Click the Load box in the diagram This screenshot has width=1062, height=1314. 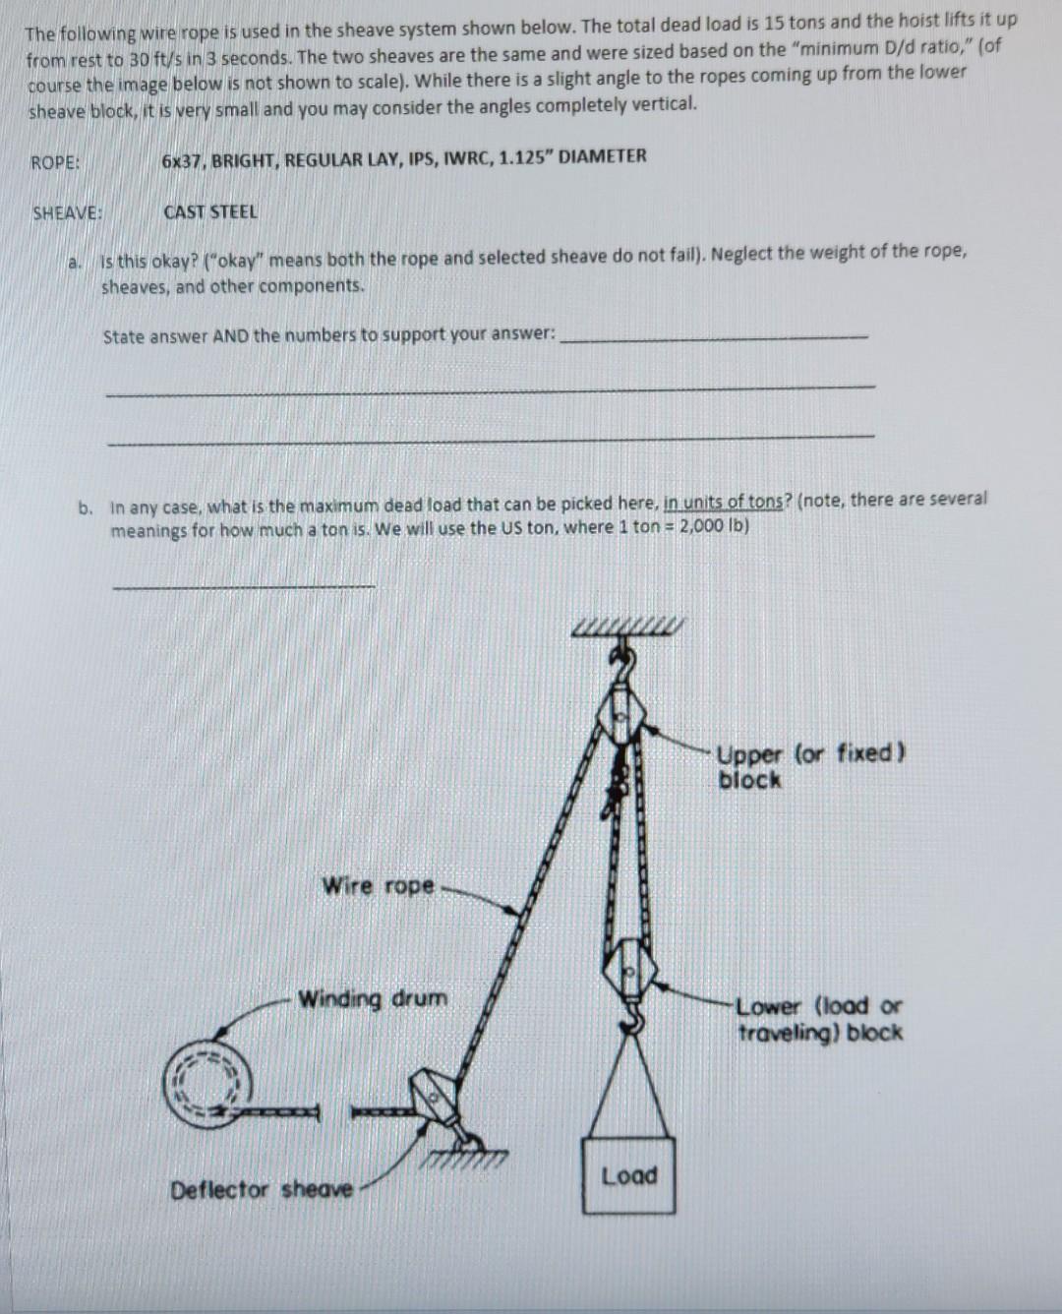pyautogui.click(x=628, y=1175)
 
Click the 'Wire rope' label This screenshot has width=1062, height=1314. pyautogui.click(x=379, y=885)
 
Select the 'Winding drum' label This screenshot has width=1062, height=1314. pyautogui.click(x=373, y=999)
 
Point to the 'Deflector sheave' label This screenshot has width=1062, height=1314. pyautogui.click(x=262, y=1190)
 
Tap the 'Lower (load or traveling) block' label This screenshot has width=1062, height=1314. pyautogui.click(x=819, y=1019)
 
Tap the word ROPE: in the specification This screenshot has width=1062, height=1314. pyautogui.click(x=55, y=162)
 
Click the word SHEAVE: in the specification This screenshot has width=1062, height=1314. pyautogui.click(x=68, y=212)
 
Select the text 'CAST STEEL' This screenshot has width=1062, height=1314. pyautogui.click(x=210, y=211)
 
